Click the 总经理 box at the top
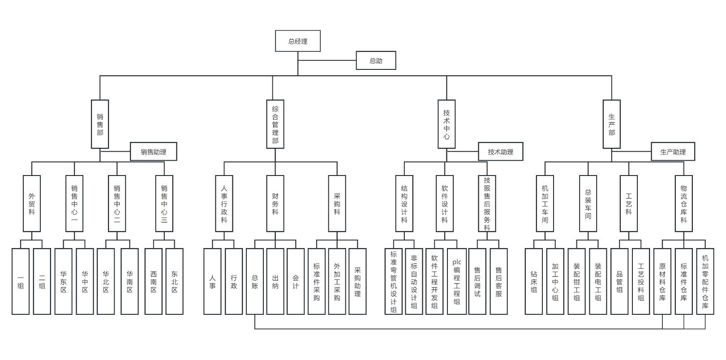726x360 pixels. pos(298,41)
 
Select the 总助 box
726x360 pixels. pos(376,60)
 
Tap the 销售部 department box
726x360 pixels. pos(100,124)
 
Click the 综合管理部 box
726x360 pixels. pos(275,124)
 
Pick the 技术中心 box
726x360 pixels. pos(447,124)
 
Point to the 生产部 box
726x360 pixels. pos(611,124)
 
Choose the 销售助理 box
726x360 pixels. pos(153,152)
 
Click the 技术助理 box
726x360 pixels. pos(500,152)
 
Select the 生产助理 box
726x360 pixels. pos(673,152)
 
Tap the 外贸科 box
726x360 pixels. pos(32,204)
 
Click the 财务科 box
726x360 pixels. pos(275,204)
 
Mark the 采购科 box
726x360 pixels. pos(337,204)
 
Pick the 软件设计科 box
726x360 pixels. pos(445,204)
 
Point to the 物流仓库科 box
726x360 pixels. pos(683,204)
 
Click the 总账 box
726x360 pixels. pos(255,281)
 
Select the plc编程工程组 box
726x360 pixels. pos(457,281)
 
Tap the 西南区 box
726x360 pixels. pos(154,281)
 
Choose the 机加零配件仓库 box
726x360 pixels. pos(705,281)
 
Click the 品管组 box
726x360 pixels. pos(619,281)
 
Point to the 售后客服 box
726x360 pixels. pos(498,281)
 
